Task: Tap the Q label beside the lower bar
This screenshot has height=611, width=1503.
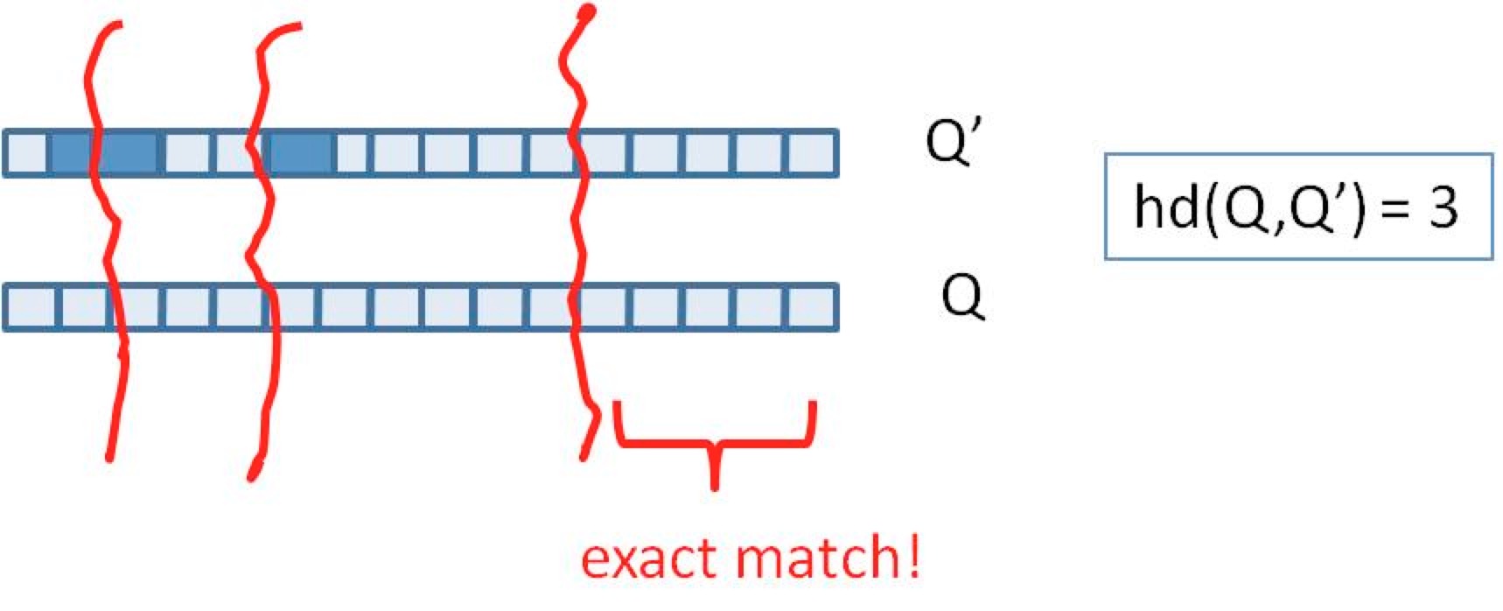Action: [963, 298]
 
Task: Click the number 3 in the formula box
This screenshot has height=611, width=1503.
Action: [1443, 207]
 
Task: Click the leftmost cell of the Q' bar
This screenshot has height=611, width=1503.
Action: [25, 153]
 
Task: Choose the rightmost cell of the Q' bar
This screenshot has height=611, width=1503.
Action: [810, 153]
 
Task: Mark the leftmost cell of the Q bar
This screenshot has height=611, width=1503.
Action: [30, 307]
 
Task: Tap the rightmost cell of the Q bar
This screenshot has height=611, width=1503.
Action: [810, 307]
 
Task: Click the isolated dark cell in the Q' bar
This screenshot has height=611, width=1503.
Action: [301, 153]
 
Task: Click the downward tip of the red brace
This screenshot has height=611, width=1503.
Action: [716, 487]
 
